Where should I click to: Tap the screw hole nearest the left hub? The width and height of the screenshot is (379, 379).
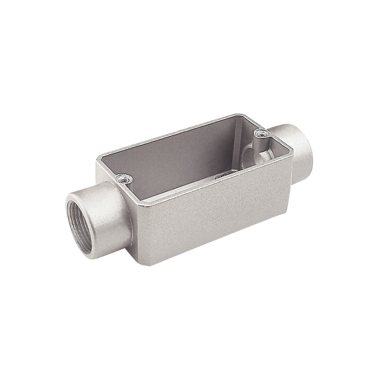122,179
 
